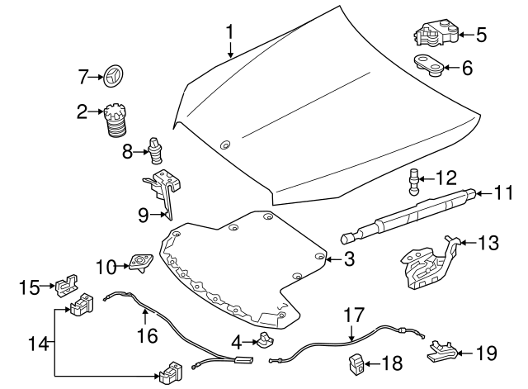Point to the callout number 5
481,35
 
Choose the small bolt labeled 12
415,179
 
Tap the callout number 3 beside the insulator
349,260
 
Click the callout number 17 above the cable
353,315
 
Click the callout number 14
33,341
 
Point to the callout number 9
143,216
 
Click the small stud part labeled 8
156,149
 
